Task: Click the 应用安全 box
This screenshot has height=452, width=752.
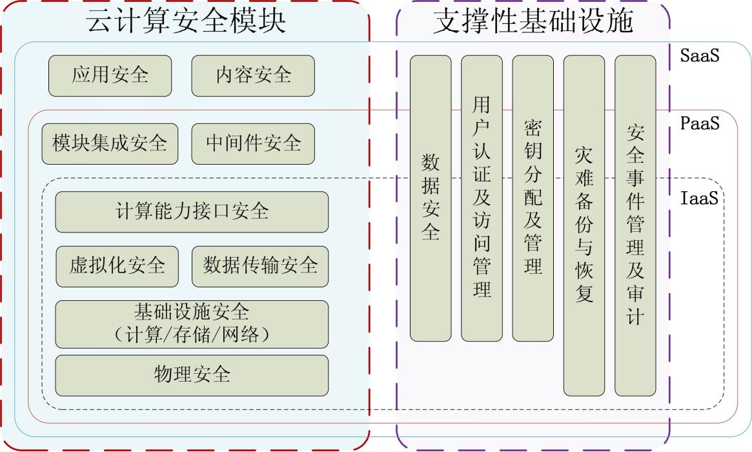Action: [x=110, y=76]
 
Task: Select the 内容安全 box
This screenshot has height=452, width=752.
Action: [x=253, y=76]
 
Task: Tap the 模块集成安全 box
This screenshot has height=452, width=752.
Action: [x=110, y=144]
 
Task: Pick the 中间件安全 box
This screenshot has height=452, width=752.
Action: [x=253, y=144]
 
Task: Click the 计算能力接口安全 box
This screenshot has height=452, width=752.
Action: [x=192, y=212]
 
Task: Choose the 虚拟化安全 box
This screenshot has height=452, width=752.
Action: [x=117, y=267]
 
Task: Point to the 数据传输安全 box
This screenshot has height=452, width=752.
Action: [x=260, y=267]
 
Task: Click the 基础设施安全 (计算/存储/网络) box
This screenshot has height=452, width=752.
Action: [x=192, y=324]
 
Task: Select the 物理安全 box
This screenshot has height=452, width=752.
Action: [x=192, y=376]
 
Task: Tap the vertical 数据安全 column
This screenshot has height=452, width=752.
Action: [x=431, y=198]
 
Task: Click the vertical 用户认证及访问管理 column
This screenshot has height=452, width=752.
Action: [x=482, y=198]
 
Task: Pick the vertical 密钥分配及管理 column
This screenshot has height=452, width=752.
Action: [x=533, y=198]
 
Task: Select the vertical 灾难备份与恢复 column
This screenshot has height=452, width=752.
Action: [x=584, y=225]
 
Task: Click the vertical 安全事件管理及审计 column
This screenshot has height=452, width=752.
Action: [x=635, y=225]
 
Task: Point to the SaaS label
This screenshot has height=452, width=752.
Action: [x=700, y=56]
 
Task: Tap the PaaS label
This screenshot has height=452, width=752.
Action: [x=700, y=124]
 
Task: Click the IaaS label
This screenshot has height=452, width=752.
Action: [x=699, y=198]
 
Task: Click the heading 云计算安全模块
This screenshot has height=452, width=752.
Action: [x=186, y=21]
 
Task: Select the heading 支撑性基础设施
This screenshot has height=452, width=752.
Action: [x=533, y=21]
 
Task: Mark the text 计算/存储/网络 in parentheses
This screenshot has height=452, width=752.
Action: [x=192, y=335]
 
